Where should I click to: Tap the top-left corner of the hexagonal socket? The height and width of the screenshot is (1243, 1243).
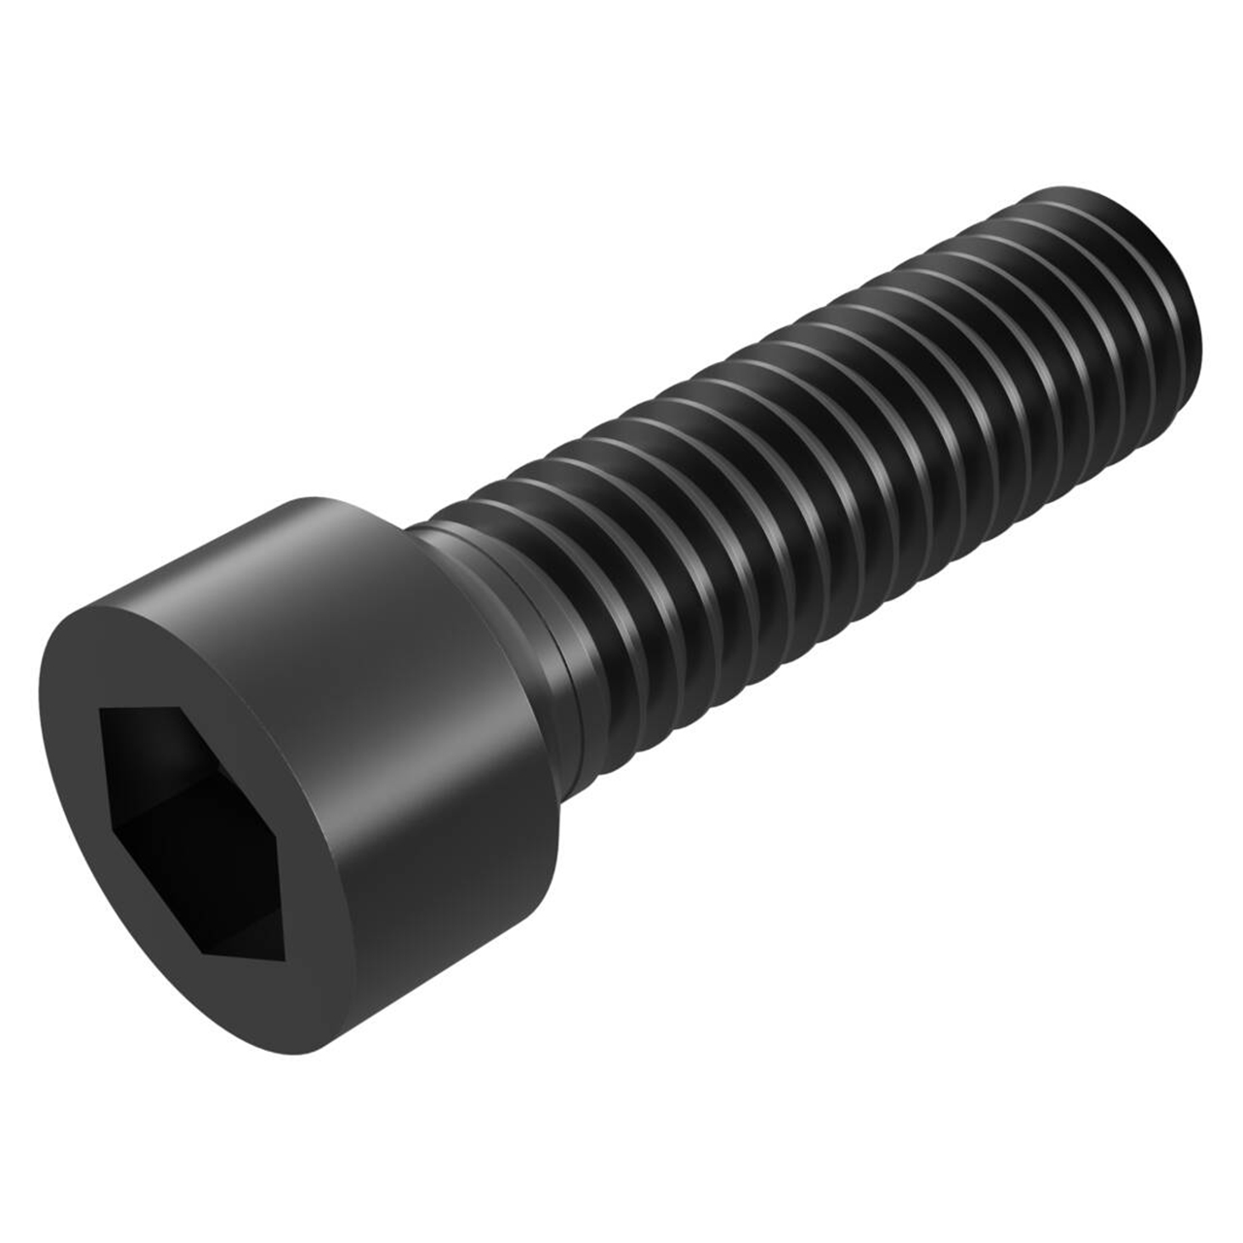(x=101, y=709)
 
